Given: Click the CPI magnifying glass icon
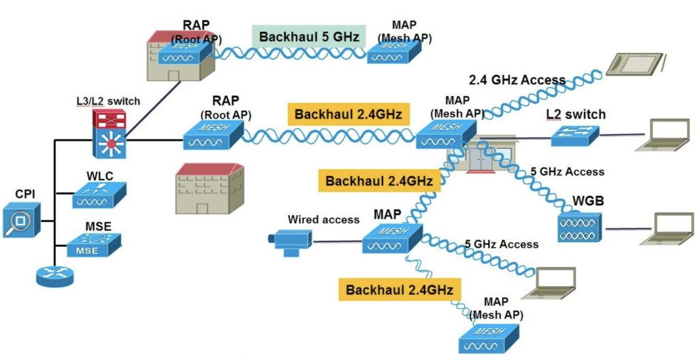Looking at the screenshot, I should point(21,223).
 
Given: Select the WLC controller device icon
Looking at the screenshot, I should point(99,197).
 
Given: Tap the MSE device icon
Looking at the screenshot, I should point(93,245).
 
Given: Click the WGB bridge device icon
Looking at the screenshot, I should point(579,227).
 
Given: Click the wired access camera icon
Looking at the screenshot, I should point(289,241).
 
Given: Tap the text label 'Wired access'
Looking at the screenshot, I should point(314,220).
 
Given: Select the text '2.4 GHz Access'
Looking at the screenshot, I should point(517,80).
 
